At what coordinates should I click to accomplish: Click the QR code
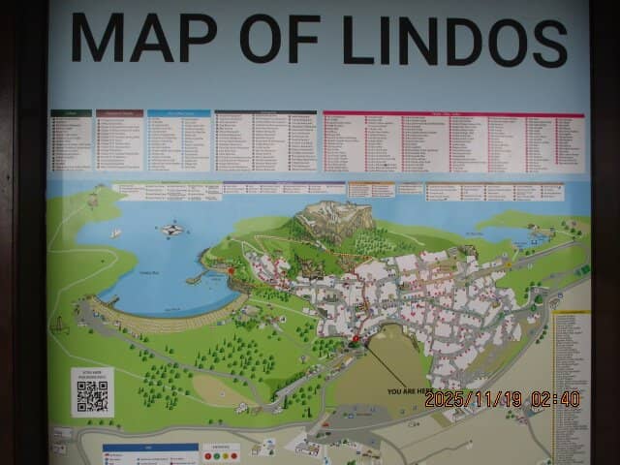(92, 395)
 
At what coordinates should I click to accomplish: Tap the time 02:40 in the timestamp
(555, 399)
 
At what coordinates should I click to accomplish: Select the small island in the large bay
(171, 231)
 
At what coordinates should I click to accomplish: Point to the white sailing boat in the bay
(115, 233)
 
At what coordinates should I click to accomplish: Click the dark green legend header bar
(71, 113)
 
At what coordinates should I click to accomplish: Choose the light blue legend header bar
(178, 113)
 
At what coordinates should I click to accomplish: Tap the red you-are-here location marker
(356, 339)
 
